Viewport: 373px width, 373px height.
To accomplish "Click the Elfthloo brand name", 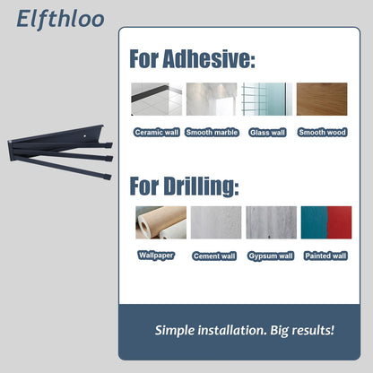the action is [x=60, y=19].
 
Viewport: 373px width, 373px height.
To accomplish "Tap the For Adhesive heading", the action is [x=192, y=59].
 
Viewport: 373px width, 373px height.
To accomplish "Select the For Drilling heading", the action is [x=184, y=186].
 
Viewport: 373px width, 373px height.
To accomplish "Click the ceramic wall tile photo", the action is [x=157, y=99].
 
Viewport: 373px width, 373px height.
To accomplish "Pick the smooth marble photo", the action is [x=212, y=99].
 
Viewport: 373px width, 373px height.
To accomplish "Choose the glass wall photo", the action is [x=267, y=99].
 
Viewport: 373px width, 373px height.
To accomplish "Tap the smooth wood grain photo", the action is [x=322, y=99].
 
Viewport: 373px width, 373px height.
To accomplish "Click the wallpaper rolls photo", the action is [x=161, y=222].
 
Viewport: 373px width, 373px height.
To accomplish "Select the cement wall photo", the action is [x=216, y=222].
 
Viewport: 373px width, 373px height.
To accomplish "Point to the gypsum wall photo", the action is [x=272, y=222].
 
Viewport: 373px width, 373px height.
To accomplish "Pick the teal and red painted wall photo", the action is [x=326, y=222].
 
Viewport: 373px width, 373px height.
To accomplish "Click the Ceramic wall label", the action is [x=157, y=132].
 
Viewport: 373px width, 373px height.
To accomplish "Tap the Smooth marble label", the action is [x=212, y=132].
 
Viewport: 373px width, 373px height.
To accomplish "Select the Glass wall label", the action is [x=267, y=133].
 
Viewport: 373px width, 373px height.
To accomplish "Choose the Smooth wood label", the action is [x=322, y=132].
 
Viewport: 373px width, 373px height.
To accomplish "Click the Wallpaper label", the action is [x=156, y=256].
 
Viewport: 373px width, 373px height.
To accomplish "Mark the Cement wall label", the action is [x=214, y=256].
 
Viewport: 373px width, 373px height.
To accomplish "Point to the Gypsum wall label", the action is [x=271, y=256].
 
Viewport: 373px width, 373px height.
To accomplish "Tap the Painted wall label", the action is [x=325, y=256].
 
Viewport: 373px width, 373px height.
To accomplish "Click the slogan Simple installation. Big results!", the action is [x=245, y=331].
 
